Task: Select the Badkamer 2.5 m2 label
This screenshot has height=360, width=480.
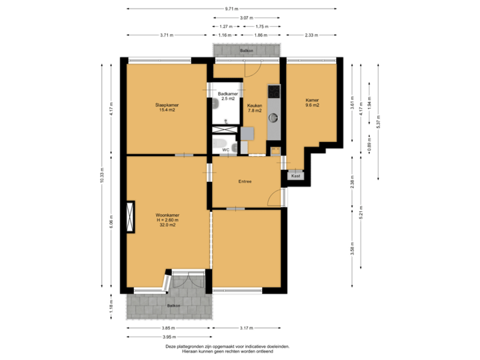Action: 228,96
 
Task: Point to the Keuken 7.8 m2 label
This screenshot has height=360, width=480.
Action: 255,107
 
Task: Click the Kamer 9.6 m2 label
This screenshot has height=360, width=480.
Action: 313,103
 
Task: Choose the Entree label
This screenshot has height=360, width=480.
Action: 245,181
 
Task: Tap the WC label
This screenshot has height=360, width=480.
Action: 226,150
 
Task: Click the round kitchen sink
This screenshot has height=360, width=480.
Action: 273,119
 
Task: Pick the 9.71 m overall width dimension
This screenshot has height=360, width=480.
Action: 231,9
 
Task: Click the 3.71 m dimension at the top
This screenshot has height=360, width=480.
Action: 167,35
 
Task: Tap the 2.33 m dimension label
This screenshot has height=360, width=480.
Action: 311,35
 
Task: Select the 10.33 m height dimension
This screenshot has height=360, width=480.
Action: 102,175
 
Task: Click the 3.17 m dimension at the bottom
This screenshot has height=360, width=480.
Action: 245,327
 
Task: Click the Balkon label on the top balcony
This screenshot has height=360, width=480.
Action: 246,51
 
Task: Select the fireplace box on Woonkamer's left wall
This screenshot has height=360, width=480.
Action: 130,216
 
